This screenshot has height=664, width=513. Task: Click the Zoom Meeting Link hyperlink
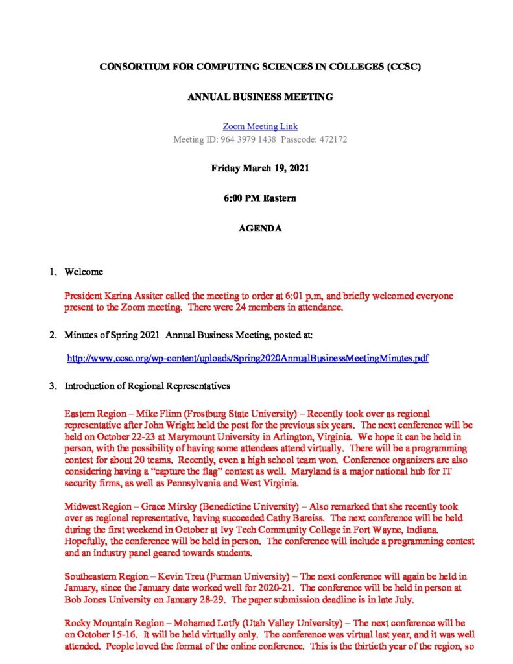260,126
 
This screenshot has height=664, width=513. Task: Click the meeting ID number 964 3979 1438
248,139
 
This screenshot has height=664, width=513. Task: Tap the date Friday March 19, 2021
260,168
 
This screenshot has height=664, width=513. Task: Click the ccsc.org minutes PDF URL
248,357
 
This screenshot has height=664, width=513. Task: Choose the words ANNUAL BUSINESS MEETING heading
260,97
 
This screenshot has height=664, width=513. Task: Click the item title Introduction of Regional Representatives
147,386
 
